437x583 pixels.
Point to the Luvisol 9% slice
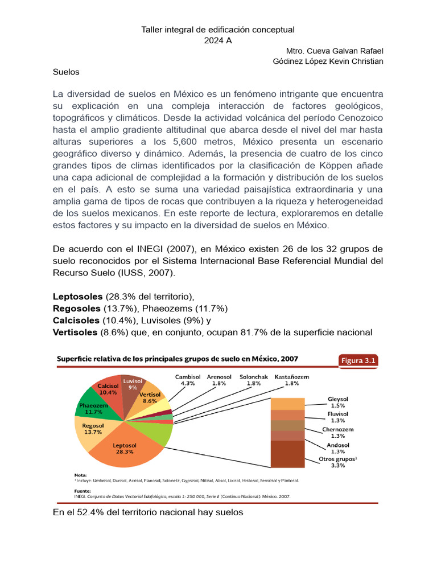(132, 384)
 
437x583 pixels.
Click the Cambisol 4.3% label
(187, 380)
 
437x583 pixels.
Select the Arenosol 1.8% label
(219, 380)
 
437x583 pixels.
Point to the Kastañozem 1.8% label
(292, 380)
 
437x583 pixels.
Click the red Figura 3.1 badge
(358, 360)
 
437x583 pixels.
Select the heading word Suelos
(66, 72)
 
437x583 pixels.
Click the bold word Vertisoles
(76, 332)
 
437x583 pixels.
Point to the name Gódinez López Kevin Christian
(328, 61)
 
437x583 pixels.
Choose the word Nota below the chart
(81, 474)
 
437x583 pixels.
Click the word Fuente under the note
(84, 490)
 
